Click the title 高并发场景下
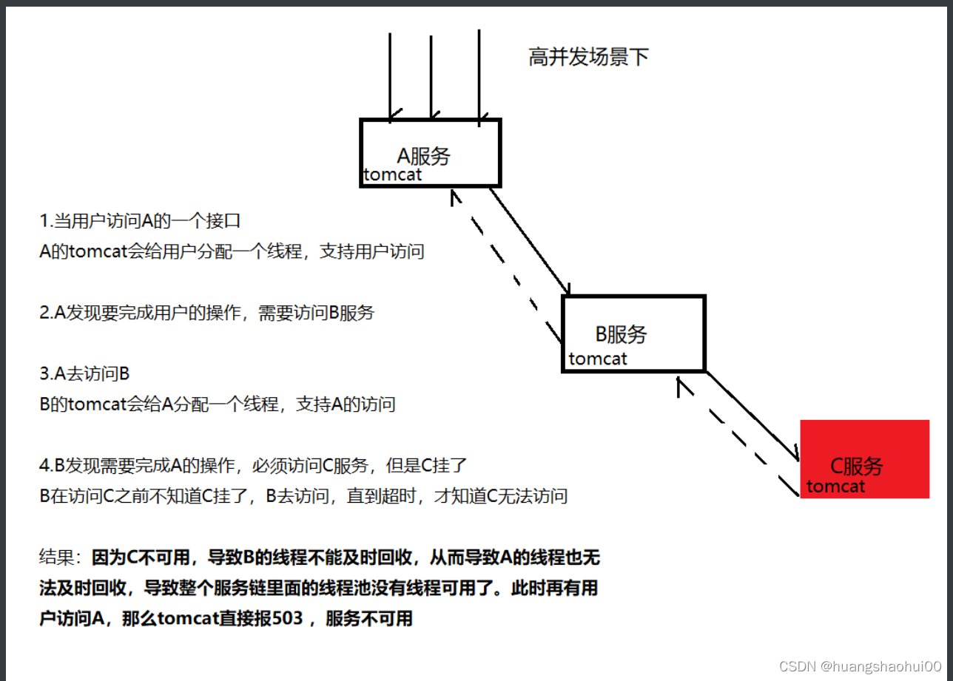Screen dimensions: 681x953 pyautogui.click(x=588, y=58)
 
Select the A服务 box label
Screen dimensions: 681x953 pyautogui.click(x=423, y=156)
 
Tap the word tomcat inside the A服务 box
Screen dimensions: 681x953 pyautogui.click(x=392, y=175)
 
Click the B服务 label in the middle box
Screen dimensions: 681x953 pyautogui.click(x=621, y=334)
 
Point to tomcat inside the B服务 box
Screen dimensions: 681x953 pyautogui.click(x=597, y=359)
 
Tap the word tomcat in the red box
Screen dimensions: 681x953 pyautogui.click(x=835, y=486)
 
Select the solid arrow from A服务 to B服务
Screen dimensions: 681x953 pyautogui.click(x=530, y=241)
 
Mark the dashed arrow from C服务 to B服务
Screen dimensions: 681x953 pyautogui.click(x=737, y=436)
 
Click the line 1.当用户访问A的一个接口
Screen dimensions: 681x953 pyautogui.click(x=140, y=221)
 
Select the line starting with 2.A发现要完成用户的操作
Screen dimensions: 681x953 pyautogui.click(x=207, y=313)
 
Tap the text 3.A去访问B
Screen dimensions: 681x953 pyautogui.click(x=84, y=374)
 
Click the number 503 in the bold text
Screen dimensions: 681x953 pyautogui.click(x=288, y=618)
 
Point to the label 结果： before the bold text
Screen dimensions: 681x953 pyautogui.click(x=64, y=556)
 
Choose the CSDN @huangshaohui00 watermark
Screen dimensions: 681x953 pyautogui.click(x=860, y=665)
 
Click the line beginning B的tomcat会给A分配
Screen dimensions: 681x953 pyautogui.click(x=218, y=404)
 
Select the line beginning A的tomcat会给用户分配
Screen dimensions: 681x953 pyautogui.click(x=232, y=251)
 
